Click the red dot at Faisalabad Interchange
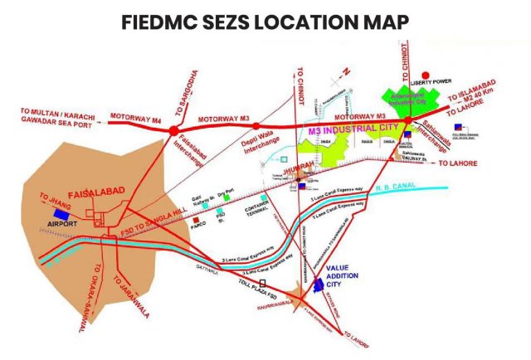coord(172,130)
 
